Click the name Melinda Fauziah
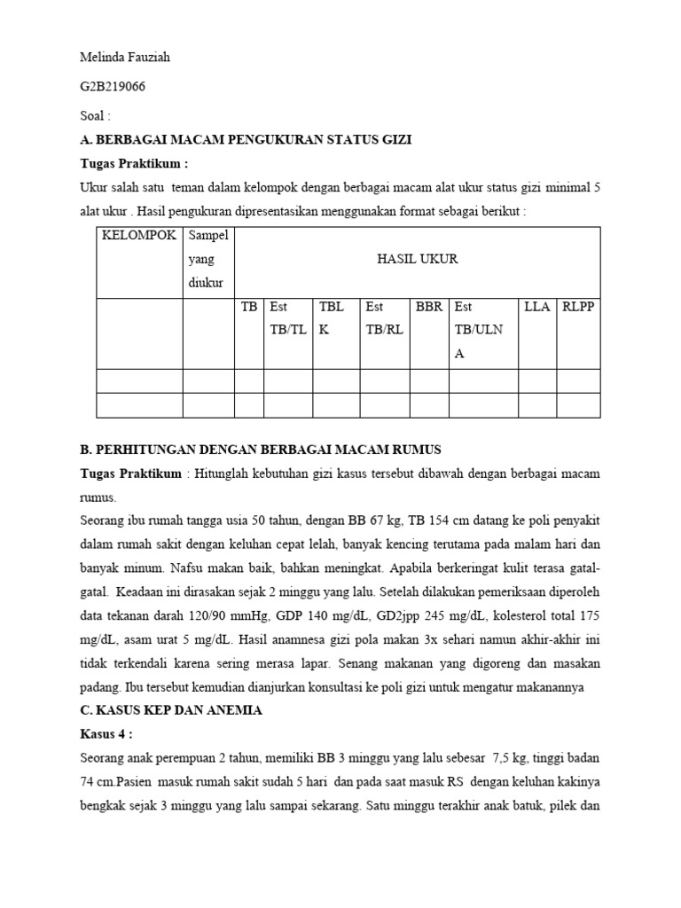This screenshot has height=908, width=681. (x=125, y=58)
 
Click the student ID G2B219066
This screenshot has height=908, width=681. (x=113, y=87)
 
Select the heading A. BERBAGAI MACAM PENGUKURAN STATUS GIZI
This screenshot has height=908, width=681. (x=246, y=140)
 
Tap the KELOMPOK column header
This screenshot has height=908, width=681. (x=139, y=235)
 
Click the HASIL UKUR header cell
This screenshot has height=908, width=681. (x=417, y=259)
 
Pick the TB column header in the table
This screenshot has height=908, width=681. (x=249, y=307)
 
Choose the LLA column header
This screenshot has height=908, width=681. (x=537, y=307)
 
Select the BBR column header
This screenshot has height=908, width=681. (x=428, y=307)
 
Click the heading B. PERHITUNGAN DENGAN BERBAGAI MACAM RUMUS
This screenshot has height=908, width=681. (x=261, y=449)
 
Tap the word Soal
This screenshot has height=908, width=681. (x=95, y=116)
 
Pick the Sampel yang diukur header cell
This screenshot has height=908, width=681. (x=208, y=259)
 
